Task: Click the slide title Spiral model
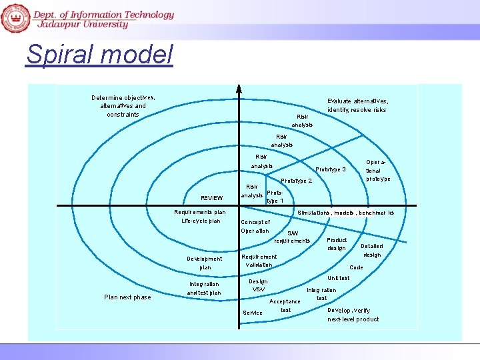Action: coord(99,54)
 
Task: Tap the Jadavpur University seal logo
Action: coord(15,17)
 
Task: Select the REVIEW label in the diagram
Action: coord(211,198)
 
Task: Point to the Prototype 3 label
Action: coord(330,169)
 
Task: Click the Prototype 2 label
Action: coord(296,181)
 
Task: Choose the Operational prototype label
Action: coord(378,170)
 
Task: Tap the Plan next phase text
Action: coord(127,297)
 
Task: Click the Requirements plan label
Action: coord(200,212)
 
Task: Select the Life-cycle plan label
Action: coord(201,221)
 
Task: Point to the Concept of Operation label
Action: coord(255,227)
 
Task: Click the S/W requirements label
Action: coord(292,237)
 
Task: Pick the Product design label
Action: coord(337,244)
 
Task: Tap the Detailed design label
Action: coord(372,250)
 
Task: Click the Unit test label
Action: coord(339,278)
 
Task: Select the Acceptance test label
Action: coord(285,305)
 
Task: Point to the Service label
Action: coord(253,313)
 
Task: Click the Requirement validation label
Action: coord(259,261)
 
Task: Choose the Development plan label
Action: coord(205,263)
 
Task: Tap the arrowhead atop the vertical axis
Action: coord(239,90)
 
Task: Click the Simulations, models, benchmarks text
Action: coord(345,213)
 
